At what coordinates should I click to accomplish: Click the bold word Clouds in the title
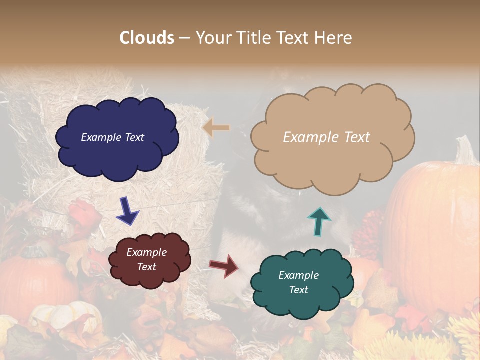click(x=147, y=38)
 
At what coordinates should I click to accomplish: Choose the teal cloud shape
click(x=302, y=282)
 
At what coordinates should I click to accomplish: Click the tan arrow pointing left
click(x=216, y=128)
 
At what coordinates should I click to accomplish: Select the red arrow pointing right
click(x=224, y=266)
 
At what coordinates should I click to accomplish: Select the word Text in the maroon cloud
click(x=147, y=267)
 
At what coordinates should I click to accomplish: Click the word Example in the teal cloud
click(x=298, y=275)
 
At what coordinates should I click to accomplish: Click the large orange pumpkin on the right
click(x=435, y=235)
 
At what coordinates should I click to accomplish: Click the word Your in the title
click(x=212, y=38)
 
